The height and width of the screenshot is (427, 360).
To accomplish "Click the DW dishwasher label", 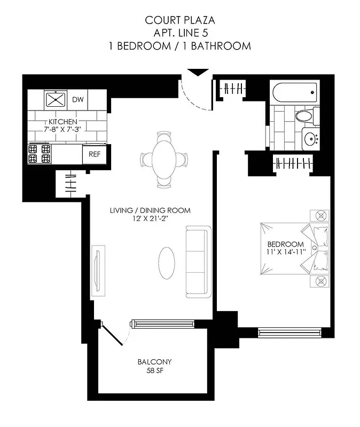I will pos(78,99).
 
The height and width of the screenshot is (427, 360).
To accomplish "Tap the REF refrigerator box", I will pos(95,154).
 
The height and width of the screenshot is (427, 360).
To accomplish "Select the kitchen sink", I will pos(55,99).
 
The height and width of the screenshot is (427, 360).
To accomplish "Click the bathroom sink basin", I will pos(310,139).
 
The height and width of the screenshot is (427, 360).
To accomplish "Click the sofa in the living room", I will pos(198,261).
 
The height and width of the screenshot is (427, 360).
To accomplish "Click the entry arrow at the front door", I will pos(199,73).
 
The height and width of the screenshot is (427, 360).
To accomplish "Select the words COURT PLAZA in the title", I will pos(180,20).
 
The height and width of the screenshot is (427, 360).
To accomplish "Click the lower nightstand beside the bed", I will pos(321,281).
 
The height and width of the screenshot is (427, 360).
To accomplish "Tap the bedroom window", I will pos(289,332).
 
